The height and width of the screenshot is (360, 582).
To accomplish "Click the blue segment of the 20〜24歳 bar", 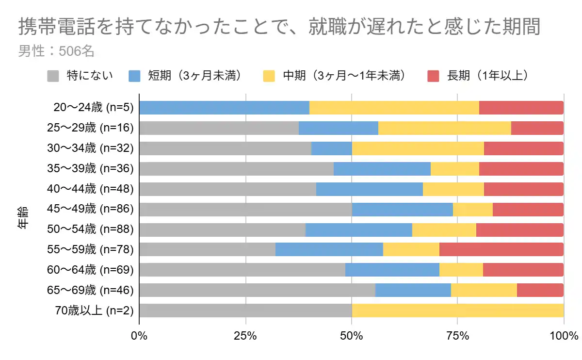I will pos(224,108).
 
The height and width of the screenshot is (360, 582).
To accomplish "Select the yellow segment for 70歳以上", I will pos(457,311).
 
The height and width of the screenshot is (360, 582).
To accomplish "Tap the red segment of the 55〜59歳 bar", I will pos(501,249).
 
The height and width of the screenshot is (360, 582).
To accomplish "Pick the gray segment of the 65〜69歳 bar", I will pos(257,290).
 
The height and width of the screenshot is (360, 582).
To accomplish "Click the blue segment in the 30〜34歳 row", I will pos(331,148).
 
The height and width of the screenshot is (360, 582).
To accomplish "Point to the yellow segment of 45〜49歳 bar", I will pos(472,209).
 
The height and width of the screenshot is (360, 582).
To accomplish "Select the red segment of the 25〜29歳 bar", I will pos(537,128).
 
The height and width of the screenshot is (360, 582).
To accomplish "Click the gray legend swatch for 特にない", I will pos(53,76).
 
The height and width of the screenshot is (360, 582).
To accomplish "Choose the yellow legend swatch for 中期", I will pos(269,76).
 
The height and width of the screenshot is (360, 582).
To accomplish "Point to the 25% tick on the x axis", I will pos(245,336).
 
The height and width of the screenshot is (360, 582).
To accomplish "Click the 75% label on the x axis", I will pos(457,336).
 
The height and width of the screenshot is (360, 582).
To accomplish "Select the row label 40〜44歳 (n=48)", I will pos(90,189).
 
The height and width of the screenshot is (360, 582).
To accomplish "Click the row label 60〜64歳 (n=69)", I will pos(90,270).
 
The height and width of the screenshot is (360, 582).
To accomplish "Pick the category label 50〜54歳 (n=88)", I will pos(90,229).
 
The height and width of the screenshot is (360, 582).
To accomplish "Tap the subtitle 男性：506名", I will pos(56,51).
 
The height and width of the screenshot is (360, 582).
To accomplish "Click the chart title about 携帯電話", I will pos(279,27).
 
